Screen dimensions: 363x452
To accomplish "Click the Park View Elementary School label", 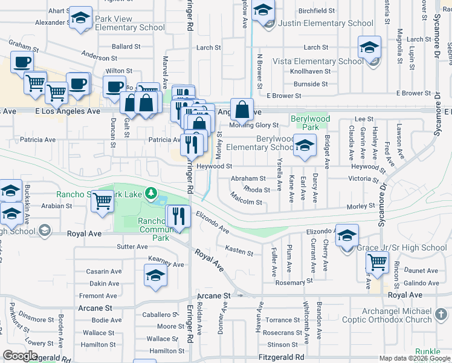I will point(129,23).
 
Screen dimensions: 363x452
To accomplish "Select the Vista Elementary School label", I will point(318,61).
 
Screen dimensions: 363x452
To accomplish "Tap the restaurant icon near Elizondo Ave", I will point(178,217).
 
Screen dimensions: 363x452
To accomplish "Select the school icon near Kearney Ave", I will point(155,276).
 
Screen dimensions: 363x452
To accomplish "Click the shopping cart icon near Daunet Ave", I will point(378,263).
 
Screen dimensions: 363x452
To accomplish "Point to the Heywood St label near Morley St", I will point(213,166).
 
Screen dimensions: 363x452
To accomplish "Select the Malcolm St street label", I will point(246,198).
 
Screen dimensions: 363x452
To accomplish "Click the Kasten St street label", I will point(239,250).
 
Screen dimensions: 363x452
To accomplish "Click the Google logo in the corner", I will point(20,356).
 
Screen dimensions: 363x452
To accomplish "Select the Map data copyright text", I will point(415,358).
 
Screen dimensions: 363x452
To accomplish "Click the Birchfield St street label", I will point(317,11).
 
